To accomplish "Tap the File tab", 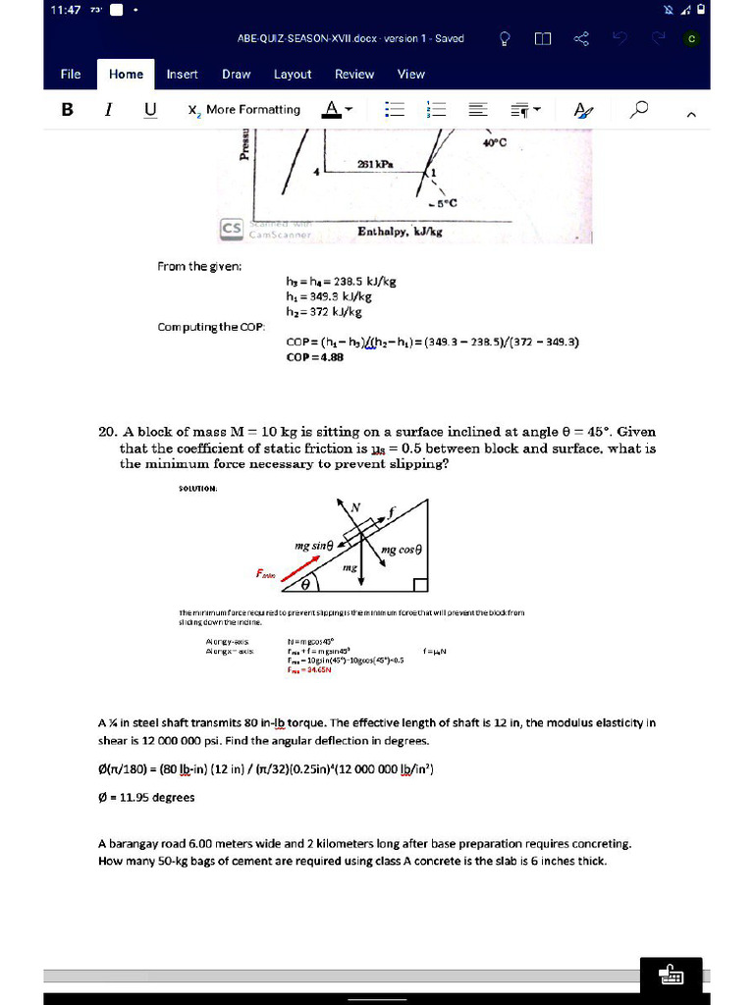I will pos(71,74).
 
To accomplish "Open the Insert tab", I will pos(182,74).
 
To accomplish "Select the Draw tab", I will pos(236,74).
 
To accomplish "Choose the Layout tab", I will pos(293,74).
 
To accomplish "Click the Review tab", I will pos(354,74).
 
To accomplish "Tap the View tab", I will pos(411,74).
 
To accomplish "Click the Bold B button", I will pos(68,109).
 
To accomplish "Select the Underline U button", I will pos(149,109).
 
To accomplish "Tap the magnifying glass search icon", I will pos(640,109).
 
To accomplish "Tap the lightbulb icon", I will pos(505,39).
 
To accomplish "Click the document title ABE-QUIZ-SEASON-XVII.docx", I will pos(350,39).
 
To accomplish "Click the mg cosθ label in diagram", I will pos(402,550).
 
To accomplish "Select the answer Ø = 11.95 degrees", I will pos(146,797).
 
